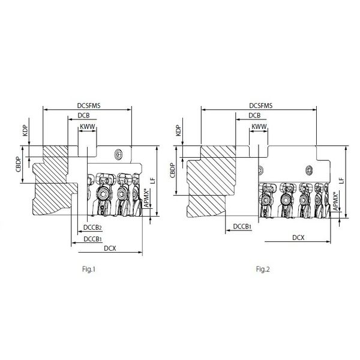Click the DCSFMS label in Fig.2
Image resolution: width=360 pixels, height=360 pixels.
tap(260, 106)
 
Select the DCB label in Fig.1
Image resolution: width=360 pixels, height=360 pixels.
tap(85, 115)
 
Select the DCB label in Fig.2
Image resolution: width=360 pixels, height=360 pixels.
tap(254, 115)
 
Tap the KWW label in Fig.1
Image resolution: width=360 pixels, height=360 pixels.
tap(88, 127)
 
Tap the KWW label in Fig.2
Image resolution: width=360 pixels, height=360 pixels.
tap(259, 127)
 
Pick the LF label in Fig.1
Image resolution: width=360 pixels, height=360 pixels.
tap(161, 180)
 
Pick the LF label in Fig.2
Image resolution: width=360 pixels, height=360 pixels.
tap(341, 180)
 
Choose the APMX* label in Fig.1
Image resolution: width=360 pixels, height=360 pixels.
tap(148, 199)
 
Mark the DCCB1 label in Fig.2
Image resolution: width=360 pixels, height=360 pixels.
tap(242, 226)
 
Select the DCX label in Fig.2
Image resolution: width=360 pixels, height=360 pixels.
tap(298, 238)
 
